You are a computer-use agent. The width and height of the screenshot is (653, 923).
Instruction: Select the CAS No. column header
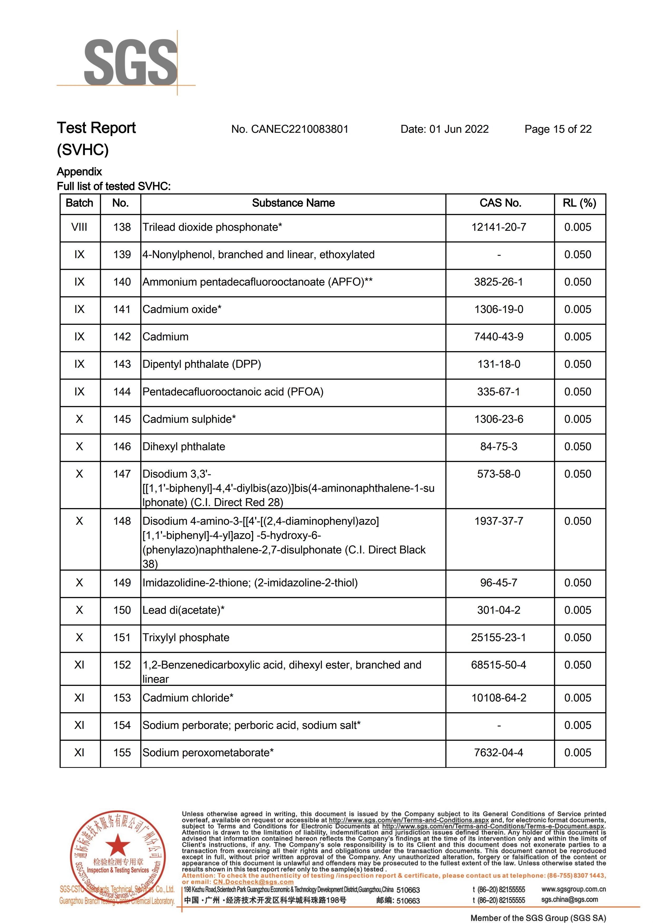(x=500, y=203)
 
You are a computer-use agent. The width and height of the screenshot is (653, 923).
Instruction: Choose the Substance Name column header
(x=293, y=203)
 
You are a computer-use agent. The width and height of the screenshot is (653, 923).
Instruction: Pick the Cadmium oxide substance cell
(x=182, y=309)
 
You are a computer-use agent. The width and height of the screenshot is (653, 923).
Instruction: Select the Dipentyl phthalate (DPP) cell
(x=202, y=364)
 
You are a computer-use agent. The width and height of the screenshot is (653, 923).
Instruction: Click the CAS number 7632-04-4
(x=499, y=753)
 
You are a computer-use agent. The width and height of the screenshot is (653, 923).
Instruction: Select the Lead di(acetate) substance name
(x=183, y=610)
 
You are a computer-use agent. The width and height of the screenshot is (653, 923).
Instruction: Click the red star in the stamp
(x=117, y=845)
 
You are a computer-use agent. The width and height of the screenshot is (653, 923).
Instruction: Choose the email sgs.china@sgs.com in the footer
(x=569, y=900)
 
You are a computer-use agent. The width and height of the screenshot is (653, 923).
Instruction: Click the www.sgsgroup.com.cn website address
(x=573, y=889)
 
